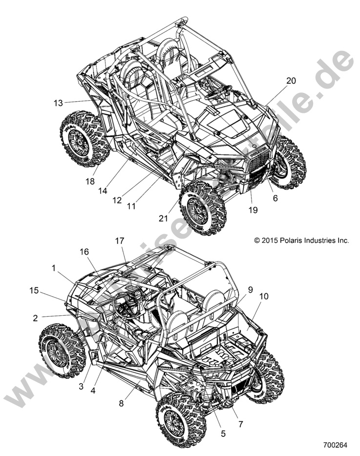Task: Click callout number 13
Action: click(x=58, y=103)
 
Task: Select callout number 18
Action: click(x=90, y=181)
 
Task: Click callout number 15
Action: click(x=34, y=291)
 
